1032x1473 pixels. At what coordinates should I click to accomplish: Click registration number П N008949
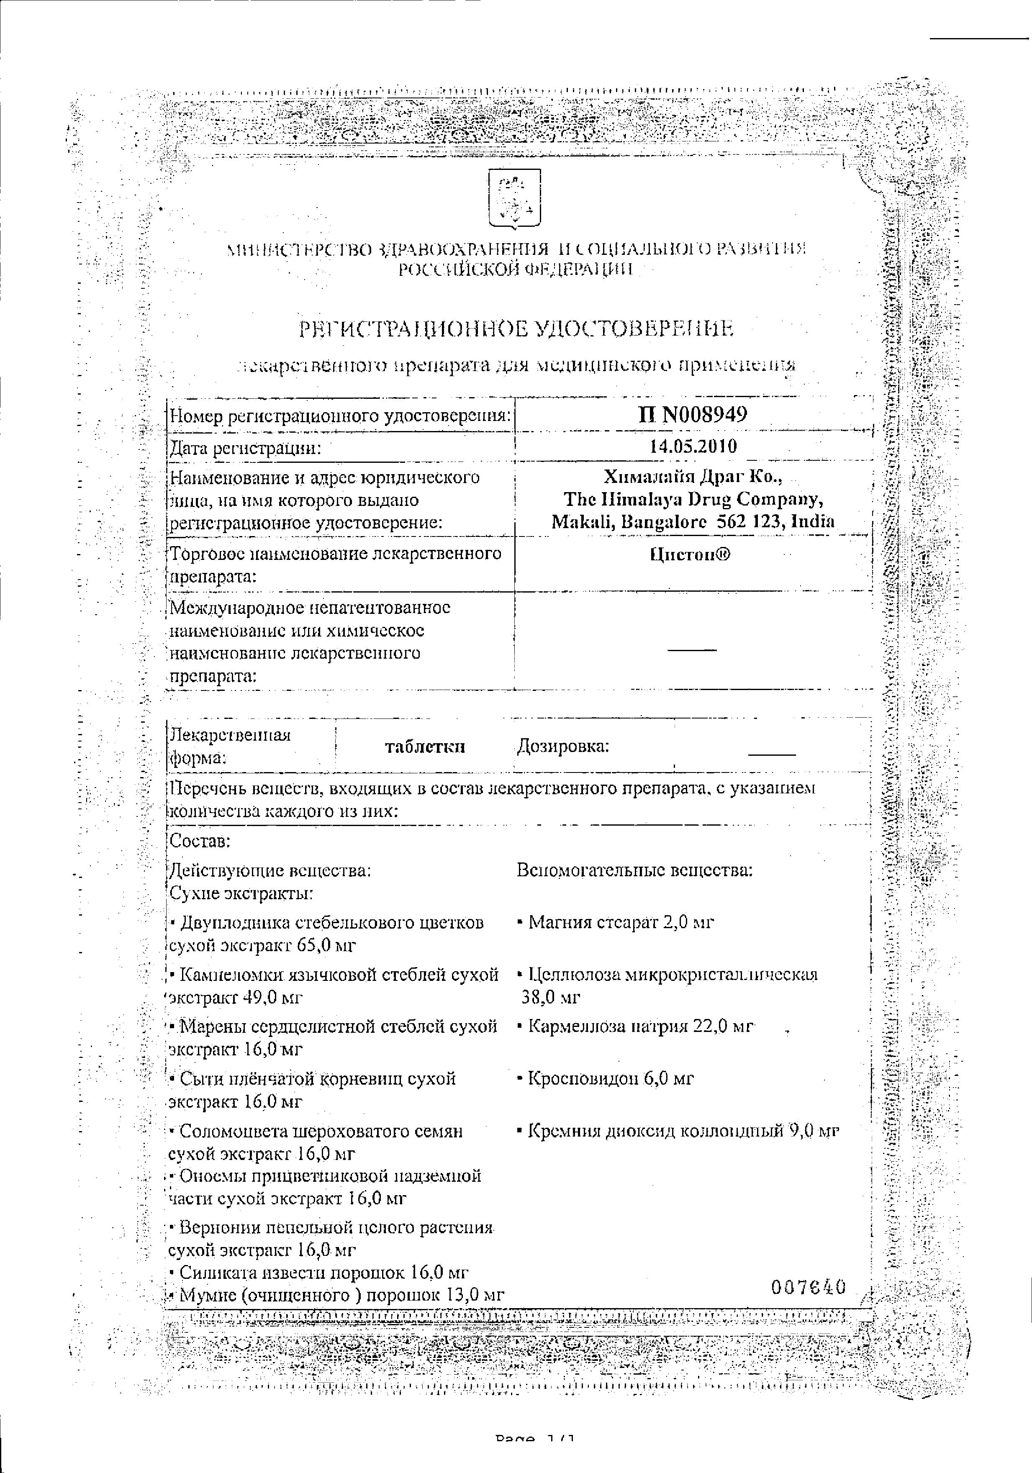pyautogui.click(x=692, y=414)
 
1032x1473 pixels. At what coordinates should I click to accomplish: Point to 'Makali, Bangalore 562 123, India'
pyautogui.click(x=693, y=521)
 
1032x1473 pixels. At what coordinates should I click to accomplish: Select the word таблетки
pyautogui.click(x=425, y=747)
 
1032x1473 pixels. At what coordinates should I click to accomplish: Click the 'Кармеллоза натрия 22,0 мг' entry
pyautogui.click(x=639, y=1026)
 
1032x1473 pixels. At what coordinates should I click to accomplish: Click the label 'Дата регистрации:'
pyautogui.click(x=244, y=447)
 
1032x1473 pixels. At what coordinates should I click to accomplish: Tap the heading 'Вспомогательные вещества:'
pyautogui.click(x=634, y=870)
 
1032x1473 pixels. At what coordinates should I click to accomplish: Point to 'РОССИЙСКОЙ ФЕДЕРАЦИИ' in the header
pyautogui.click(x=516, y=269)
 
